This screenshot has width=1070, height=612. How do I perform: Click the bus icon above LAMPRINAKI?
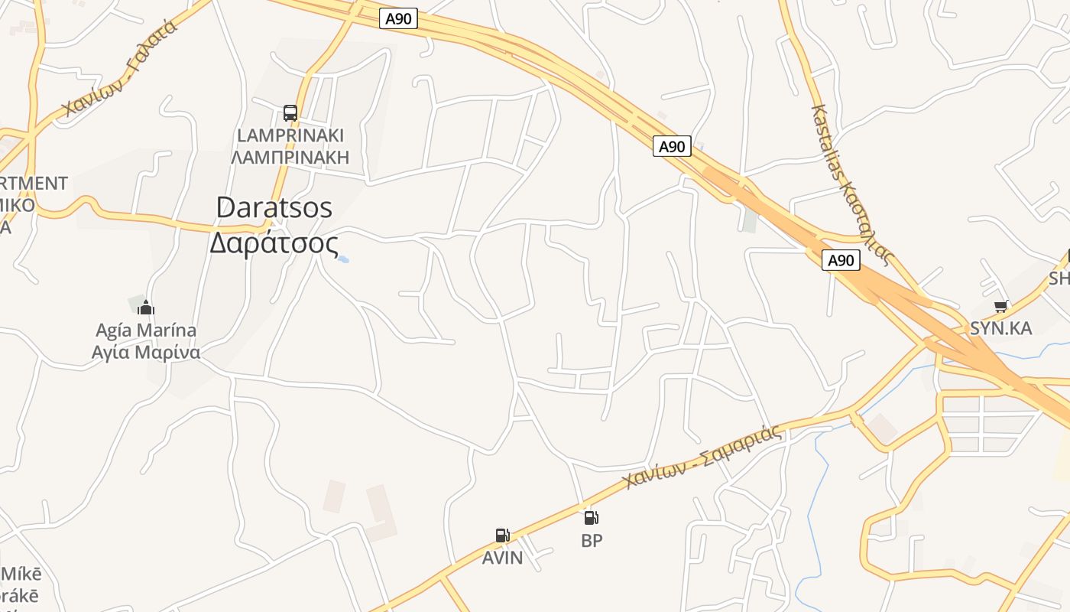(290, 113)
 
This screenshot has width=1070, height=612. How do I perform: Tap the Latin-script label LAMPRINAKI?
(290, 135)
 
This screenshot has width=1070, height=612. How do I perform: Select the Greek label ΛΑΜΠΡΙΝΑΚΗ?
(290, 158)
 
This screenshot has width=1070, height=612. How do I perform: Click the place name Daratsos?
(274, 207)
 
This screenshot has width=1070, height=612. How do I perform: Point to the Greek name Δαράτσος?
(274, 243)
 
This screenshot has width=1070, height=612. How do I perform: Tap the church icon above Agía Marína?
(145, 308)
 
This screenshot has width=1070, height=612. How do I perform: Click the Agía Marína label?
(146, 330)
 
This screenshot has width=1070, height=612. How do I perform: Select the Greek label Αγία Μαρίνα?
(146, 353)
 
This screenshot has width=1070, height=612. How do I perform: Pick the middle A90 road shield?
(672, 146)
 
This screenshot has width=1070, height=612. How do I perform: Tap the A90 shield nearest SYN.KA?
(841, 260)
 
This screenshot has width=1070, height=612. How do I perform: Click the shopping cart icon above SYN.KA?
(1000, 307)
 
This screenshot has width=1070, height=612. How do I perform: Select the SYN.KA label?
(1000, 328)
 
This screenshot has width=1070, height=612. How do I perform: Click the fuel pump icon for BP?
(592, 518)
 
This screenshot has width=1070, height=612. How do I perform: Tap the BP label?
(592, 541)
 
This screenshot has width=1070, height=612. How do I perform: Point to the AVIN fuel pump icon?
(502, 535)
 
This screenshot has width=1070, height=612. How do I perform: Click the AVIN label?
(502, 558)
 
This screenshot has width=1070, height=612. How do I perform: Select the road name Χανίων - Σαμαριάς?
(703, 457)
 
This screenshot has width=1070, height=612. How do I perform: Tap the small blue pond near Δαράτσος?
(344, 259)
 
